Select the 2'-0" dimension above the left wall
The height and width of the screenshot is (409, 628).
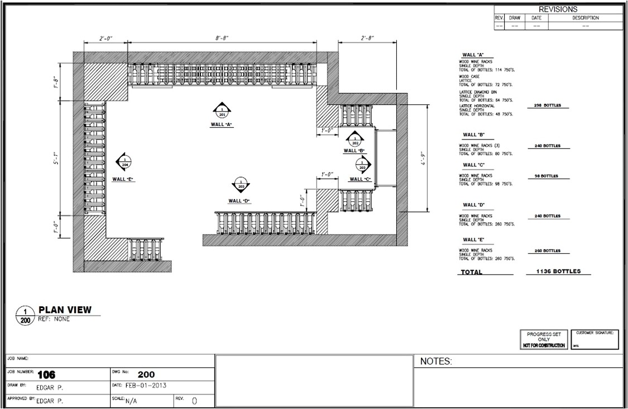click(x=106, y=38)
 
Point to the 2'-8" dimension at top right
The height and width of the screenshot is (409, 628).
click(x=367, y=38)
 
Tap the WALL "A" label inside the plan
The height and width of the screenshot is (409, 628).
click(x=222, y=124)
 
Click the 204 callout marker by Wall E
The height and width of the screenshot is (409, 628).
click(x=124, y=162)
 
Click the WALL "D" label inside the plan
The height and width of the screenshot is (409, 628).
click(x=239, y=201)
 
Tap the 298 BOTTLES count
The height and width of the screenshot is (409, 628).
click(x=547, y=105)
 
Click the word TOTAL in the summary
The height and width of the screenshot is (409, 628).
click(x=471, y=272)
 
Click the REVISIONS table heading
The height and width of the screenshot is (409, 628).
click(x=558, y=9)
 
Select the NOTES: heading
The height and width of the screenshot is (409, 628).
click(x=435, y=362)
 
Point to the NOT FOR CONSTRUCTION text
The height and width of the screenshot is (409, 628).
click(x=544, y=345)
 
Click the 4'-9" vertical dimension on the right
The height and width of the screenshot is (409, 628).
click(x=423, y=158)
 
